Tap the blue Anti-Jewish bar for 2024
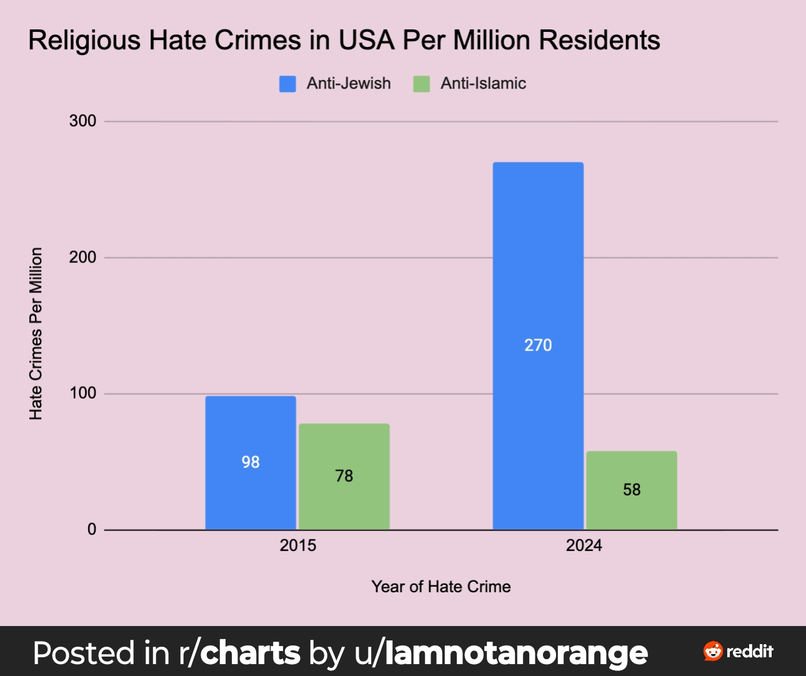click(538, 281)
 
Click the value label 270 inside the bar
click(538, 345)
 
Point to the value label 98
click(251, 462)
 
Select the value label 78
click(344, 476)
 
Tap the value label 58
click(632, 490)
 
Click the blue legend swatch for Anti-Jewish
click(287, 84)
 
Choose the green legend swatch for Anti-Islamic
click(422, 84)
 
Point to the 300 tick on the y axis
click(82, 121)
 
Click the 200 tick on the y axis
click(82, 257)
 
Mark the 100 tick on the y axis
click(82, 394)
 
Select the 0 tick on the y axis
click(92, 530)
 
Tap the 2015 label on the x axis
click(298, 545)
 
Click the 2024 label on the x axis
click(584, 545)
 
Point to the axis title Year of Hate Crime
click(441, 587)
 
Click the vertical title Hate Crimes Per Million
click(36, 334)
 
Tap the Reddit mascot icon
click(713, 651)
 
